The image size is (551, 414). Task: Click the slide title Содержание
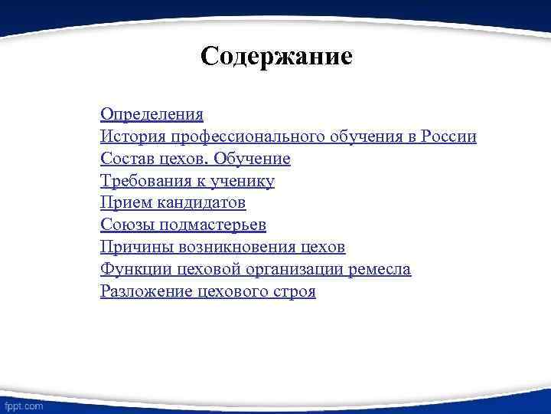pos(276,57)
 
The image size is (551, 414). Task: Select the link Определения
pos(152,114)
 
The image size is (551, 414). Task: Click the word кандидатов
pos(202,203)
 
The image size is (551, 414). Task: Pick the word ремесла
pos(381,270)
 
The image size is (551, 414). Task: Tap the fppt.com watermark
pos(23,403)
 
